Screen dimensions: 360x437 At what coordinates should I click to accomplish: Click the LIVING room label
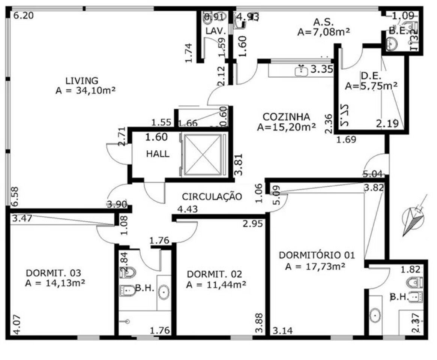coord(82,81)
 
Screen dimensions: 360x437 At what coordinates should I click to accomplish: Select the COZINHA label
coord(286,117)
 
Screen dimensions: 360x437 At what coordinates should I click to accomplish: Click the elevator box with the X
coord(203,154)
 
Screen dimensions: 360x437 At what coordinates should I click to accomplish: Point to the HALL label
coord(158,154)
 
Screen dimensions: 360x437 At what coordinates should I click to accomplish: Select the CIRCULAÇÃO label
coord(212,196)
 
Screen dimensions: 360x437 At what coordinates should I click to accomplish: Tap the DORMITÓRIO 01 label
coord(317,255)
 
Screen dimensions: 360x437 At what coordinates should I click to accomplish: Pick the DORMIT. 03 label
coord(53,273)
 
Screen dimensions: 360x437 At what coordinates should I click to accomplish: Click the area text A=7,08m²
coord(323,32)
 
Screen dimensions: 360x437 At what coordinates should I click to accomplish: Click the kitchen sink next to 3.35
coord(301,70)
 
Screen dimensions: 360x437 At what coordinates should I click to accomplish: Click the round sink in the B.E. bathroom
coord(392,45)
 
